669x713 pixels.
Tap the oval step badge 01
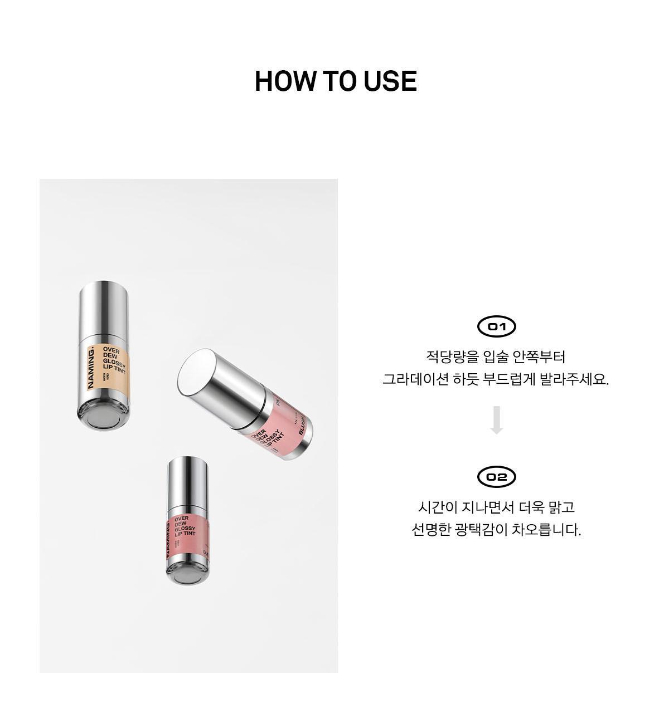[497, 326]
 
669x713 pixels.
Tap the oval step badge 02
[497, 477]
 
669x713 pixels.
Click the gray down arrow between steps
[497, 421]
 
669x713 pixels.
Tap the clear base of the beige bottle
[104, 416]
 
